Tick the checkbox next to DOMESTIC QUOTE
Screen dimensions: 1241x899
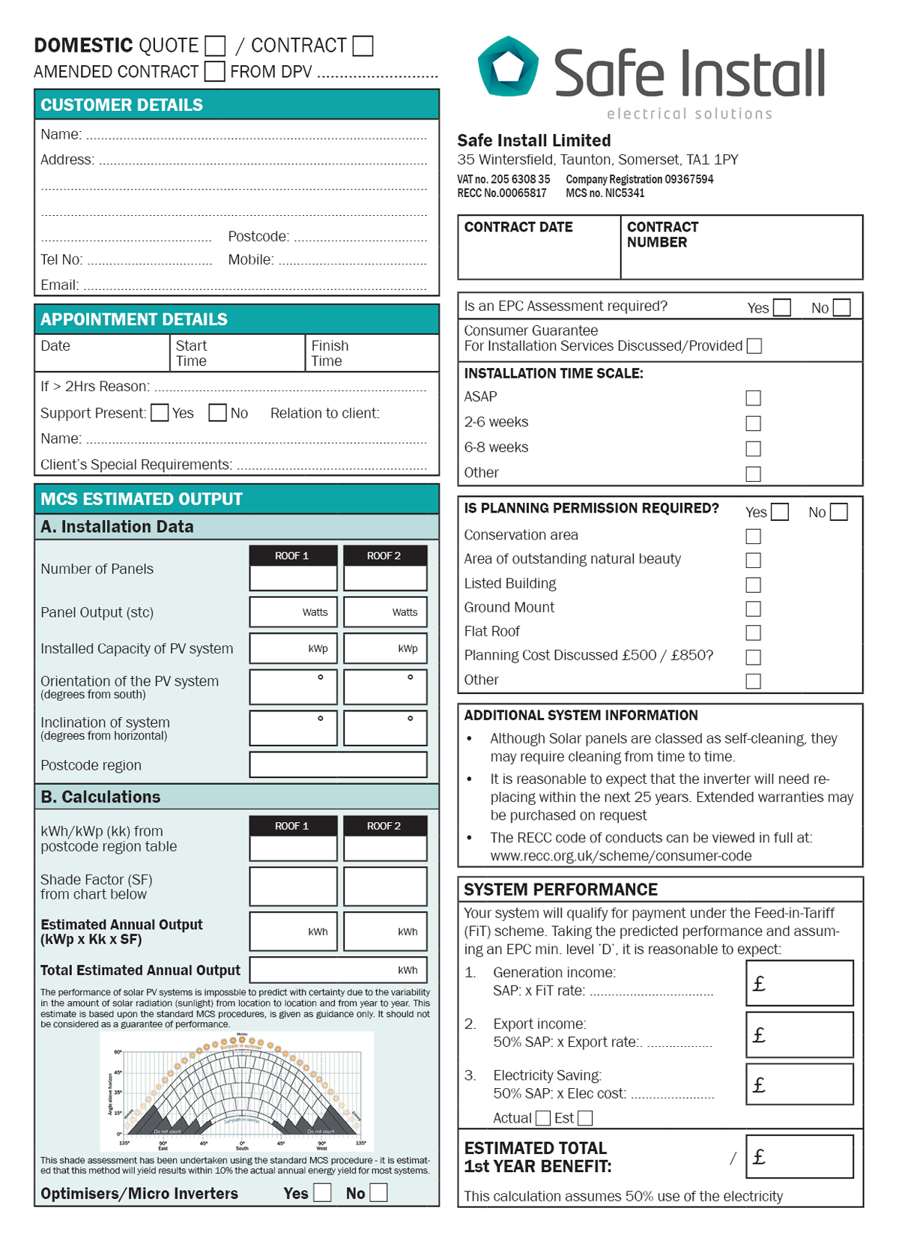215,46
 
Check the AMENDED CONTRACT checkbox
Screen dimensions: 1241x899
215,71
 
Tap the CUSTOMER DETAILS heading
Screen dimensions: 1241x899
121,105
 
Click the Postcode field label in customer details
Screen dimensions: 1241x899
258,237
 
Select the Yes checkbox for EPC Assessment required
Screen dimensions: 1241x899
782,308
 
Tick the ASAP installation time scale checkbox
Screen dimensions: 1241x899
754,398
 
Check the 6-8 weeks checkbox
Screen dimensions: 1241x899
754,448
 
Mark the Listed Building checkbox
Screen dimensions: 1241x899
754,585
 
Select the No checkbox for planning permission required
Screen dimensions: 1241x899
839,512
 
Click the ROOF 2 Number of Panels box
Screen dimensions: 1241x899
385,578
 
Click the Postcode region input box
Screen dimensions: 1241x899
338,765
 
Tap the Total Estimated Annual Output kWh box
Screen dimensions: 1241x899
338,970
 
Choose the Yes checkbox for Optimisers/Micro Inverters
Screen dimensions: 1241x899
322,1192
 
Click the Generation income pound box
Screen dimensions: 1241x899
799,983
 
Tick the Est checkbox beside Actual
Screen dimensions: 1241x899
585,1118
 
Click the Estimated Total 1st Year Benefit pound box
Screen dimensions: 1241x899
799,1156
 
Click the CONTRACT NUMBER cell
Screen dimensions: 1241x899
741,248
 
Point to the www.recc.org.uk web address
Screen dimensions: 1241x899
621,856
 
